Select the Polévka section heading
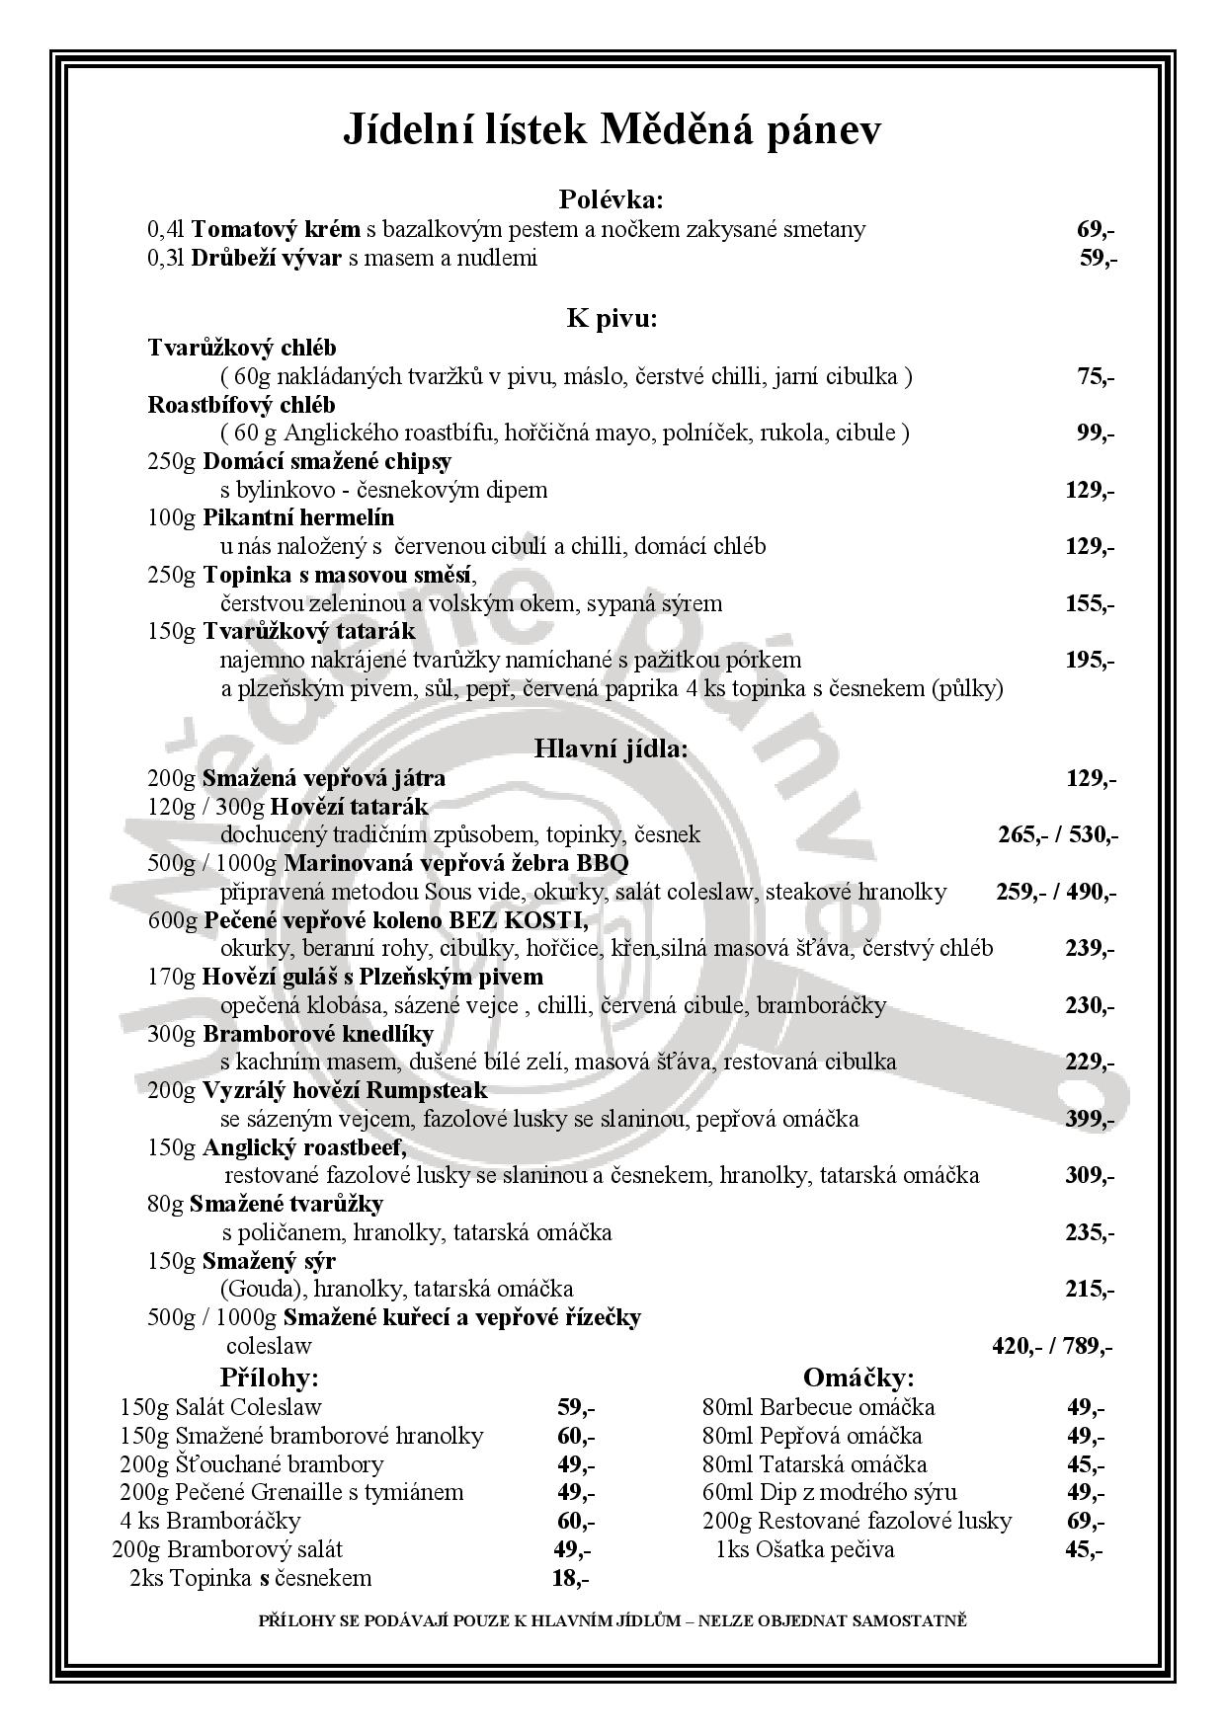[x=612, y=199]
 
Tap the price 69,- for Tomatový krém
[x=1096, y=230]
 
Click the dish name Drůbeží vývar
[x=266, y=259]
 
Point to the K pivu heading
[x=612, y=318]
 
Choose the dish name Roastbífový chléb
[x=242, y=405]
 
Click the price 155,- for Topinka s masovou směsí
[x=1090, y=603]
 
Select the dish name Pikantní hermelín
[x=298, y=517]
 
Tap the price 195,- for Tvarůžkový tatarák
[x=1090, y=660]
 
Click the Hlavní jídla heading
[x=612, y=748]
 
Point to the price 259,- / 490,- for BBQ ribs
[x=1056, y=893]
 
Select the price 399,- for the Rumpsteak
[x=1090, y=1119]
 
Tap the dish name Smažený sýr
[x=269, y=1261]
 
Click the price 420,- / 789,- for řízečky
[x=1052, y=1346]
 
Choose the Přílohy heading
[x=270, y=1378]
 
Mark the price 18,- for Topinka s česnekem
[x=570, y=1578]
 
